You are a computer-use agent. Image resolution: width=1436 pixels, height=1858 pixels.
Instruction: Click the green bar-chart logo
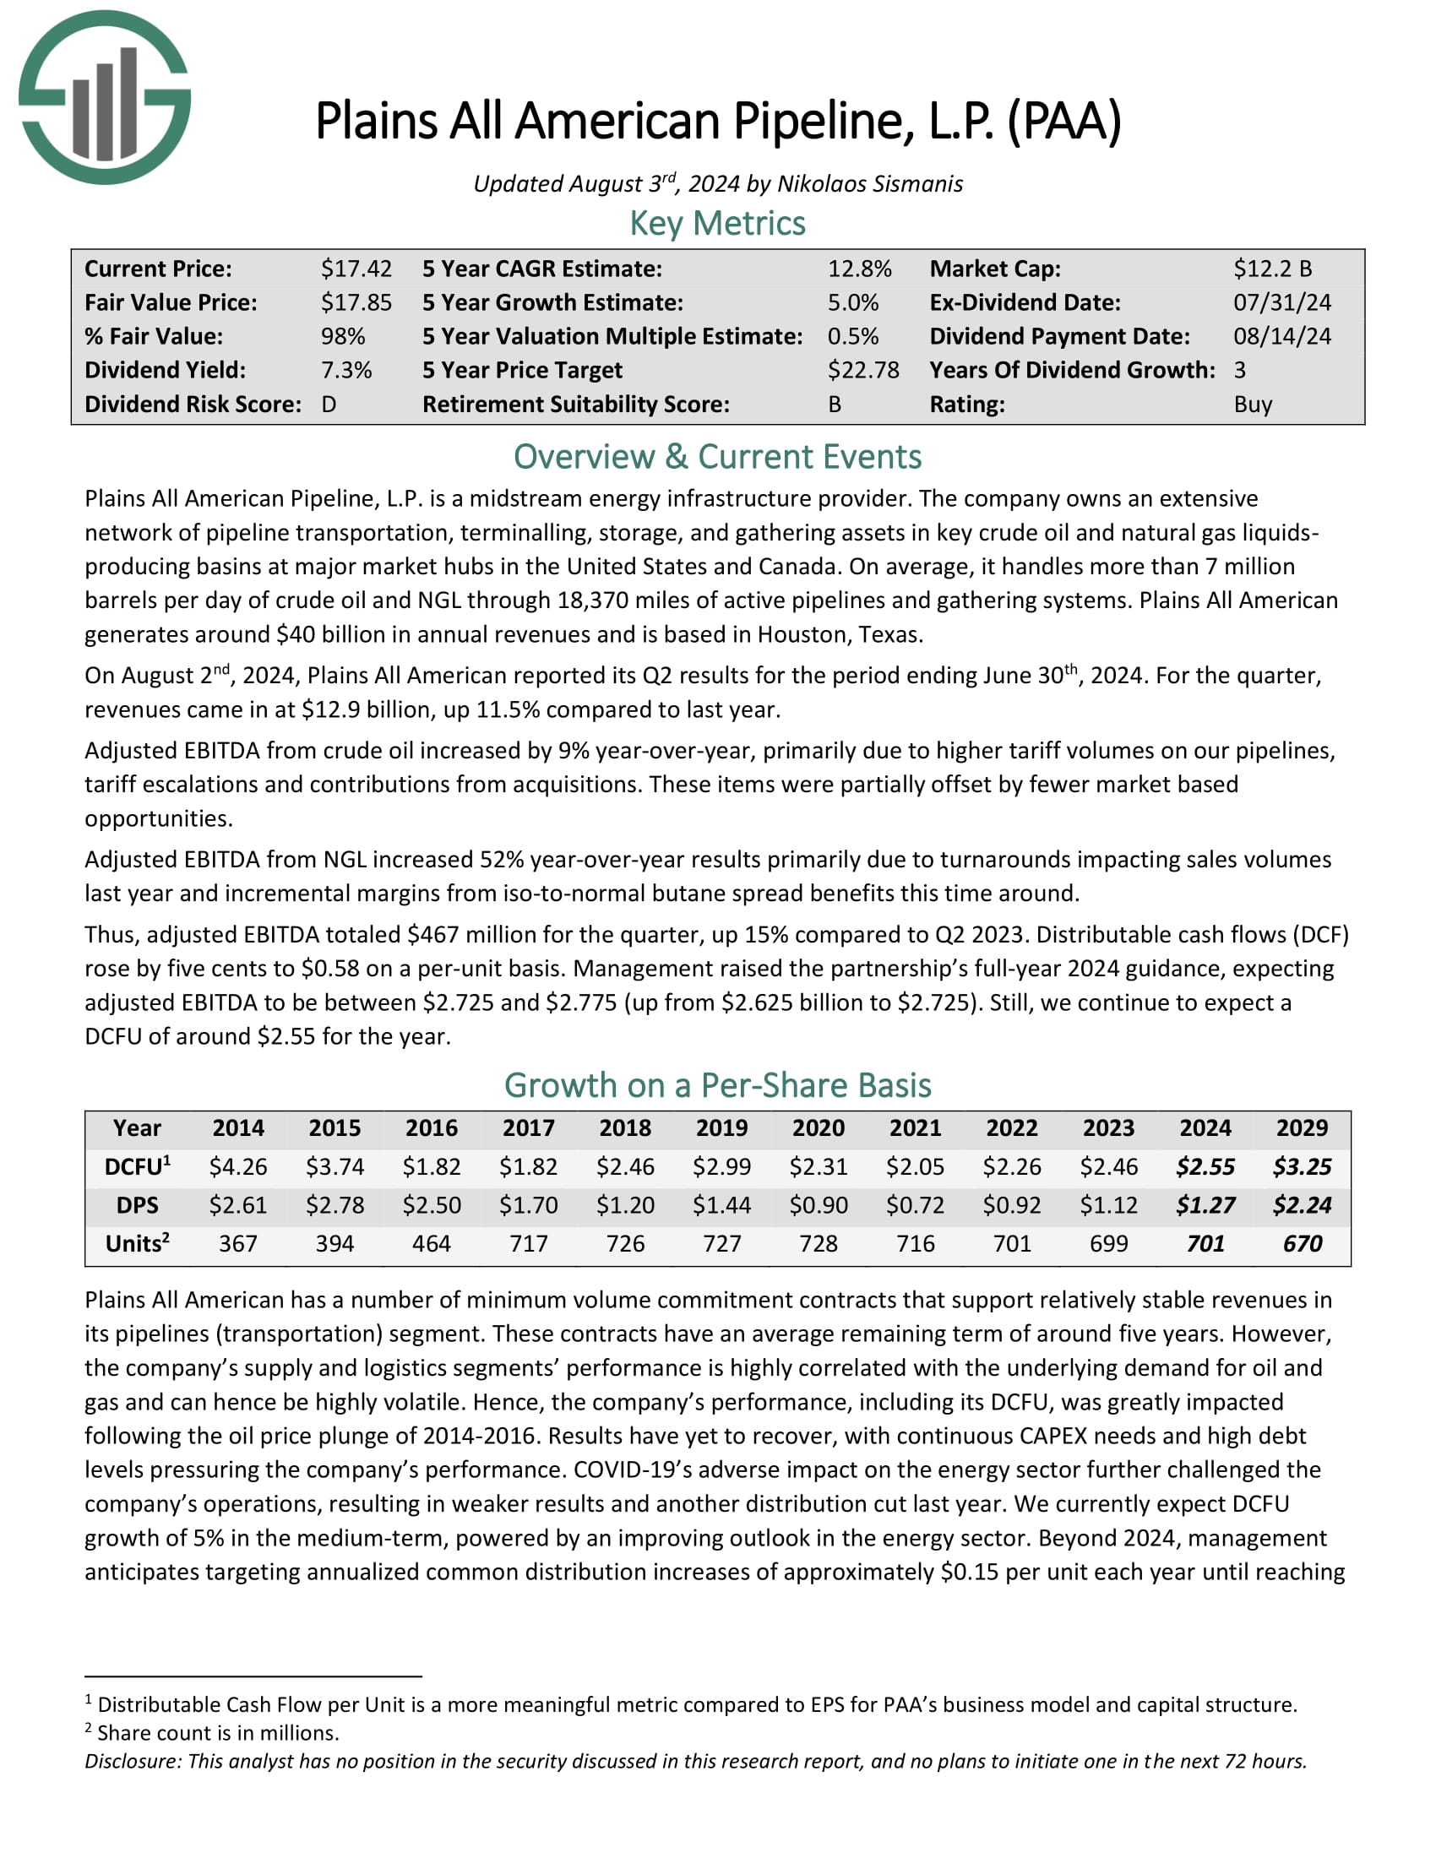pos(105,97)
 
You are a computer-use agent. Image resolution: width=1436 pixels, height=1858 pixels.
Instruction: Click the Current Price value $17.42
pos(356,269)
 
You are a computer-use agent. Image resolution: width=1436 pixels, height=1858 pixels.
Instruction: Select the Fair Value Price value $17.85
pos(356,303)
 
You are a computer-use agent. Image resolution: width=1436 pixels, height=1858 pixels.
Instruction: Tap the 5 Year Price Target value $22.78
pos(862,370)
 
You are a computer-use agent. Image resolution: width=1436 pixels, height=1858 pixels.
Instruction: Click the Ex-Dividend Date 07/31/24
pos(1282,303)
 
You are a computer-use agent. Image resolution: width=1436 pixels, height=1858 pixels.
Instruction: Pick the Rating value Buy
pos(1252,404)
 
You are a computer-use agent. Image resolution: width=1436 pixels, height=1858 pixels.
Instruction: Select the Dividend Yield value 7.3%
pos(346,370)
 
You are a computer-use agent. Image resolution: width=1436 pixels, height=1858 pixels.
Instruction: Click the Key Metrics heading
pos(717,224)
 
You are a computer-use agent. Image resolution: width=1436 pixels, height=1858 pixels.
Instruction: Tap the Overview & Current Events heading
pos(717,457)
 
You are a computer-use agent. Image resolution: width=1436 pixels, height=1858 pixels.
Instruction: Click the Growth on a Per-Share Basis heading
pos(717,1085)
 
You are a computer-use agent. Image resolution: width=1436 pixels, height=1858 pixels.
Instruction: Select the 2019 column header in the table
pos(721,1128)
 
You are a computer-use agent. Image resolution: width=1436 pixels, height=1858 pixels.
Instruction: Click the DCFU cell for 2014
pos(238,1166)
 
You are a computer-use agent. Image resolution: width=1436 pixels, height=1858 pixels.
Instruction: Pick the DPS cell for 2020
pos(819,1205)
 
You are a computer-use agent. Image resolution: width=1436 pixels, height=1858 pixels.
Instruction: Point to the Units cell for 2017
pos(528,1244)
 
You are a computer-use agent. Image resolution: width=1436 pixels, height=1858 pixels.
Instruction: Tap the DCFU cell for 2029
pos(1302,1166)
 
